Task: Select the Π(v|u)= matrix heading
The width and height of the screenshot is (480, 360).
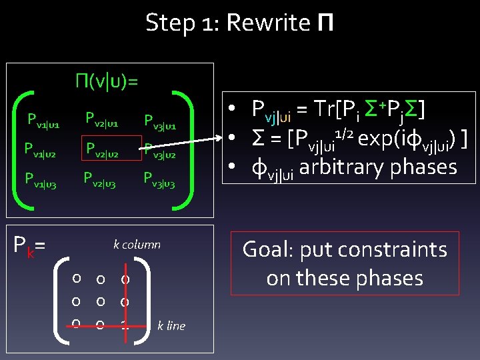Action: (x=107, y=82)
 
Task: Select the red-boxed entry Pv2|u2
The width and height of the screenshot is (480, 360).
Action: (x=101, y=148)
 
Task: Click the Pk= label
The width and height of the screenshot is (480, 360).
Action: (x=29, y=247)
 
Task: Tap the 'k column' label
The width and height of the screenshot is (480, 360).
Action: (x=137, y=245)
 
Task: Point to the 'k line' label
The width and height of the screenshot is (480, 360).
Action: (x=171, y=326)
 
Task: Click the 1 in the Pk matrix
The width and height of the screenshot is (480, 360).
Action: (x=125, y=325)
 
